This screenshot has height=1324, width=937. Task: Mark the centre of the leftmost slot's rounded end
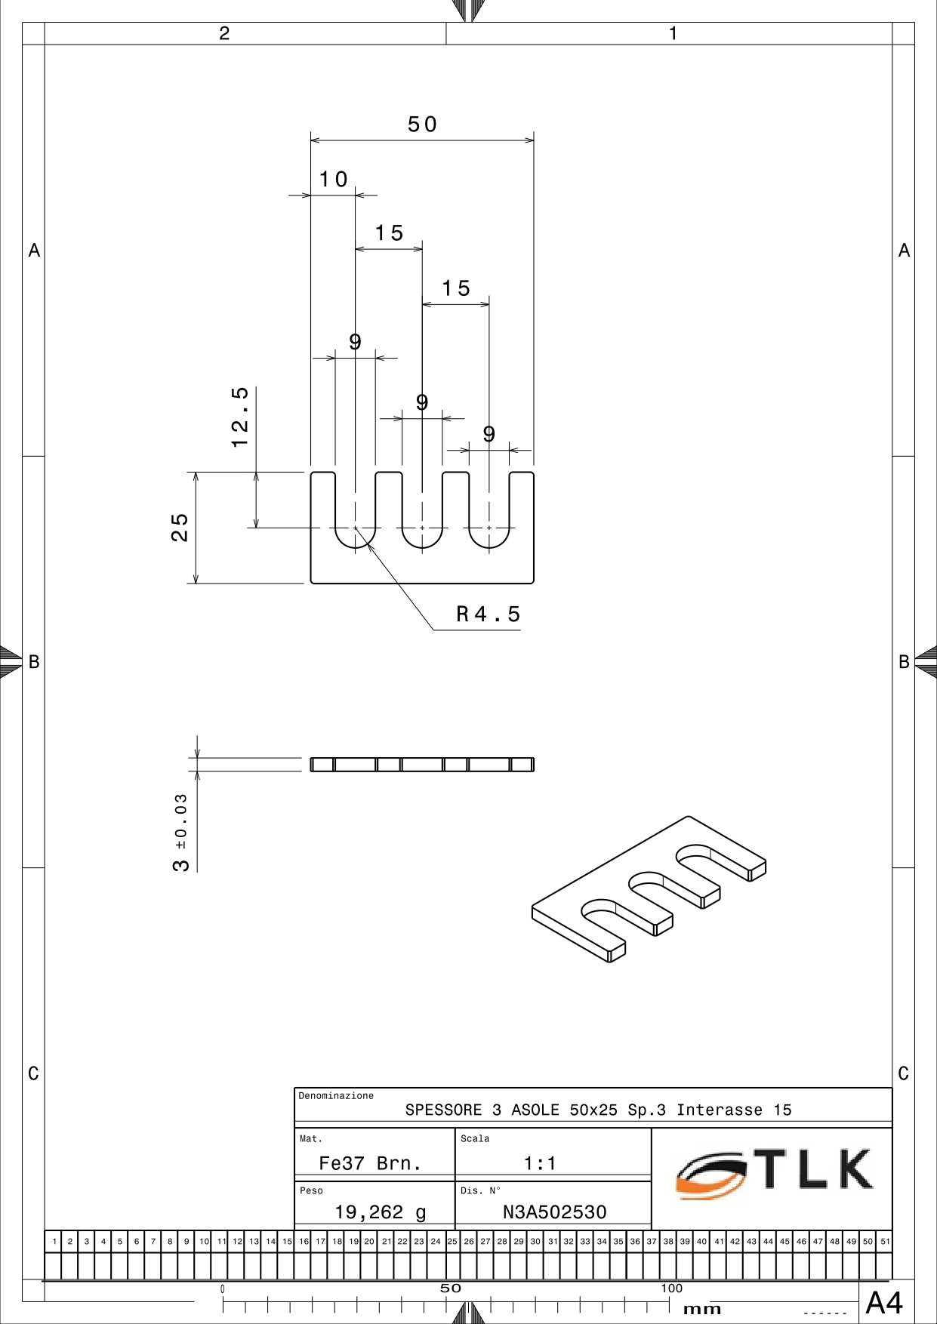pyautogui.click(x=355, y=528)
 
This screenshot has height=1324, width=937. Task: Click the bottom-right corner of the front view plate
pyautogui.click(x=534, y=583)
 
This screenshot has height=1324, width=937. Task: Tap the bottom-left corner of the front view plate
pyautogui.click(x=311, y=583)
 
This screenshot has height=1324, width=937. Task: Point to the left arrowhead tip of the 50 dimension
pyautogui.click(x=311, y=140)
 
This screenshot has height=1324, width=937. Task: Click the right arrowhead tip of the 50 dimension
pyautogui.click(x=534, y=140)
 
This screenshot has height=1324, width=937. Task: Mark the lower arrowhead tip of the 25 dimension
pyautogui.click(x=196, y=583)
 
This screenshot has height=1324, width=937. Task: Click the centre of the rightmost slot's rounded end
pyautogui.click(x=489, y=528)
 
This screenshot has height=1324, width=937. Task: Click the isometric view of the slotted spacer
pyautogui.click(x=649, y=889)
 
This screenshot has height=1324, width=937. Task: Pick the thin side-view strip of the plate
pyautogui.click(x=422, y=765)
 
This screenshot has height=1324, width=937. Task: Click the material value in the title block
pyautogui.click(x=370, y=1163)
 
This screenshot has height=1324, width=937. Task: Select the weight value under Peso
pyautogui.click(x=381, y=1212)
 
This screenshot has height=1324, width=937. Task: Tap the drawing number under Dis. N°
pyautogui.click(x=555, y=1212)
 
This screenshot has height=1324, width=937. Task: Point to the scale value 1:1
pyautogui.click(x=540, y=1163)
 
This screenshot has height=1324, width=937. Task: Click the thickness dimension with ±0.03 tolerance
pyautogui.click(x=181, y=833)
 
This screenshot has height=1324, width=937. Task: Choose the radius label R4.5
pyautogui.click(x=489, y=614)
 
